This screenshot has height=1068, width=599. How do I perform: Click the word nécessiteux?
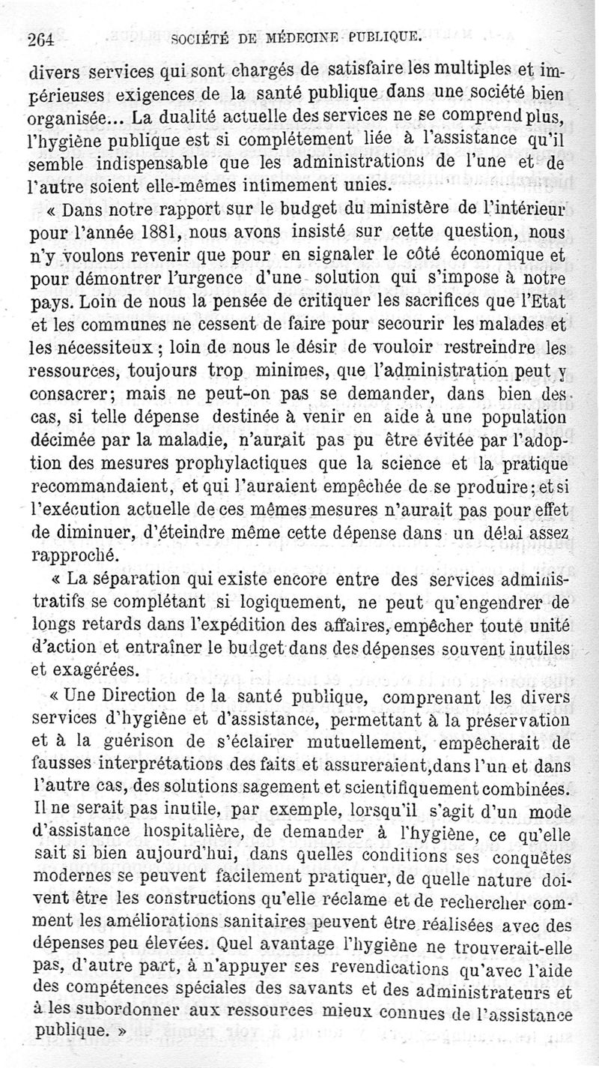[95, 348]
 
